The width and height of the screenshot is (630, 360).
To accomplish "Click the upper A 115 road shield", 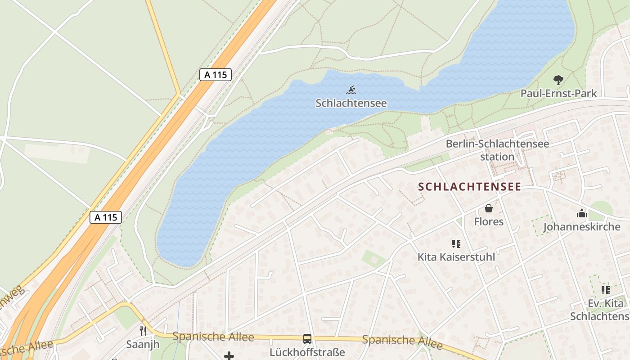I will point(216,75).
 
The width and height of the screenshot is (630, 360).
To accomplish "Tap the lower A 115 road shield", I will point(106,217).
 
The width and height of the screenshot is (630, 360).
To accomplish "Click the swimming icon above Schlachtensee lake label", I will point(351,90).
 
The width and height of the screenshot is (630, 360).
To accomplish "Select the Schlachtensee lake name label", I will point(351,103).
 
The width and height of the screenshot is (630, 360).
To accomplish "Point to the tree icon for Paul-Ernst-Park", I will point(558,81).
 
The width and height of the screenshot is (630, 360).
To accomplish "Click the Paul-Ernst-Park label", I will point(558,94).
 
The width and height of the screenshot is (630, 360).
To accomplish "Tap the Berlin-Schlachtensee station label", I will point(497,150).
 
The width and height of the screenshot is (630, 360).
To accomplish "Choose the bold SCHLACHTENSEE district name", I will point(470,187).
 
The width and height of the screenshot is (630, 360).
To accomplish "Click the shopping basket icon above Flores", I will point(488,208).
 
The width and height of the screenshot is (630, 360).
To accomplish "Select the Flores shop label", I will point(489,221).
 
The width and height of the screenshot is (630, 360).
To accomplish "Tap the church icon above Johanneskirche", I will point(581,213).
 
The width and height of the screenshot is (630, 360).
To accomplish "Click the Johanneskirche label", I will point(582,226).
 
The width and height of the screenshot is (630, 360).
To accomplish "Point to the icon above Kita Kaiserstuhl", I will point(456,244).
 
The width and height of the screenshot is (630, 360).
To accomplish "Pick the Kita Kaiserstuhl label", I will point(456,257).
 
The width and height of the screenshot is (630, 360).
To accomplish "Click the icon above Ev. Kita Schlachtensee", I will point(606,290).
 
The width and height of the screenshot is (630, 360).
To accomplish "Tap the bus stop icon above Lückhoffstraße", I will point(307,339).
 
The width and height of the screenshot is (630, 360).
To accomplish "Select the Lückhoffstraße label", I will point(307,352).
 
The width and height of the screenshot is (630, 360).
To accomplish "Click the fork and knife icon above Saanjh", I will point(143,331).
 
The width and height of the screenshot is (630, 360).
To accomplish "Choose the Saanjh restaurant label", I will point(143,345).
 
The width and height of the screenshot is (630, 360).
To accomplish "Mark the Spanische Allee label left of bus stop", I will point(213,337).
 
